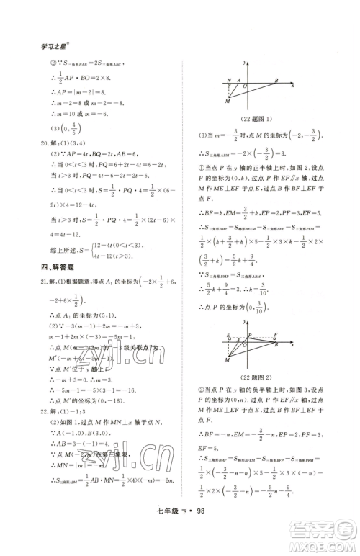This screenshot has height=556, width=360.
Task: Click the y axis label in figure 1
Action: [x=246, y=63]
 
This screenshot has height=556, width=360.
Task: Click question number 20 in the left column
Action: [x=45, y=151]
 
